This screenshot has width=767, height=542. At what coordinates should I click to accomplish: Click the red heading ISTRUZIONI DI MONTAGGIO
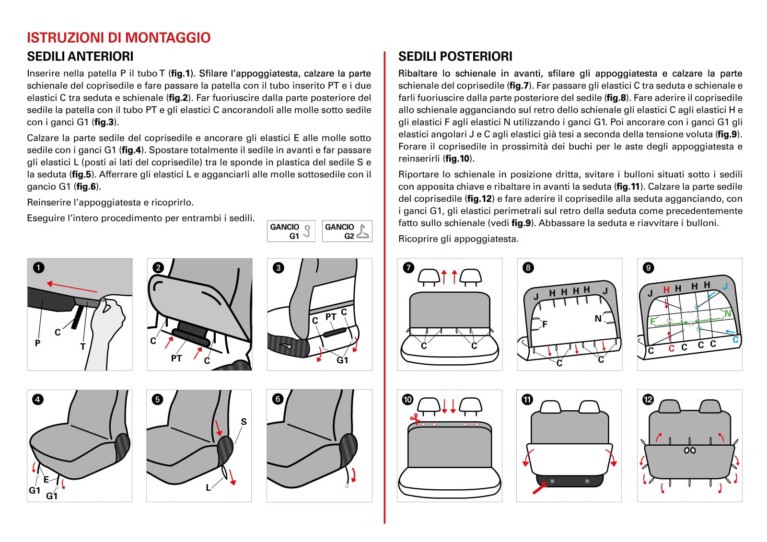tap(118, 37)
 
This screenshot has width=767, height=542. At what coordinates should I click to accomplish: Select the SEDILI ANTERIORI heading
tap(80, 57)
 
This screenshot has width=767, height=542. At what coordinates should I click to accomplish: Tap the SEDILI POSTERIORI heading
tap(455, 57)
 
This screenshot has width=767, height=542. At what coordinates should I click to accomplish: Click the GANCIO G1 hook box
tap(291, 231)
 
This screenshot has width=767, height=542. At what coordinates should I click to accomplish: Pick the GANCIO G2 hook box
tap(347, 231)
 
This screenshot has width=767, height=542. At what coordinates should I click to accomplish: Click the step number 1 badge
tap(38, 268)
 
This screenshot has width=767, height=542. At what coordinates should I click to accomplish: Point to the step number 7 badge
tap(408, 268)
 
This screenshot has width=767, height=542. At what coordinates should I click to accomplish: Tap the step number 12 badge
tap(648, 399)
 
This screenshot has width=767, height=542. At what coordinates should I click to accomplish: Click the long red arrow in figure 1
tap(72, 287)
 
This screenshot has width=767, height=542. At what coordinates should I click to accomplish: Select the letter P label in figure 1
tap(37, 343)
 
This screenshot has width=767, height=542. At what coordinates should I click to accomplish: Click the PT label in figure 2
tap(176, 358)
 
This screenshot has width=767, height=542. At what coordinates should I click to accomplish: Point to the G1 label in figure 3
tap(342, 360)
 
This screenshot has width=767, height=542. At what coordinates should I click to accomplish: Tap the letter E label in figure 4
tap(46, 479)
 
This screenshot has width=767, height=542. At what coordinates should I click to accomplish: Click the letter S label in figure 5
tap(244, 422)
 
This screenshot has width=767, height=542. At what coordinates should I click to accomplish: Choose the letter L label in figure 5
tap(208, 488)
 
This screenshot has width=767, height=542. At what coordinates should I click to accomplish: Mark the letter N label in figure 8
tap(598, 318)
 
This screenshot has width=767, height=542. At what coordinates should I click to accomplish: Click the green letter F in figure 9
tap(652, 322)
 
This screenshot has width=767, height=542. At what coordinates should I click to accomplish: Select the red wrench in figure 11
tap(540, 488)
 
